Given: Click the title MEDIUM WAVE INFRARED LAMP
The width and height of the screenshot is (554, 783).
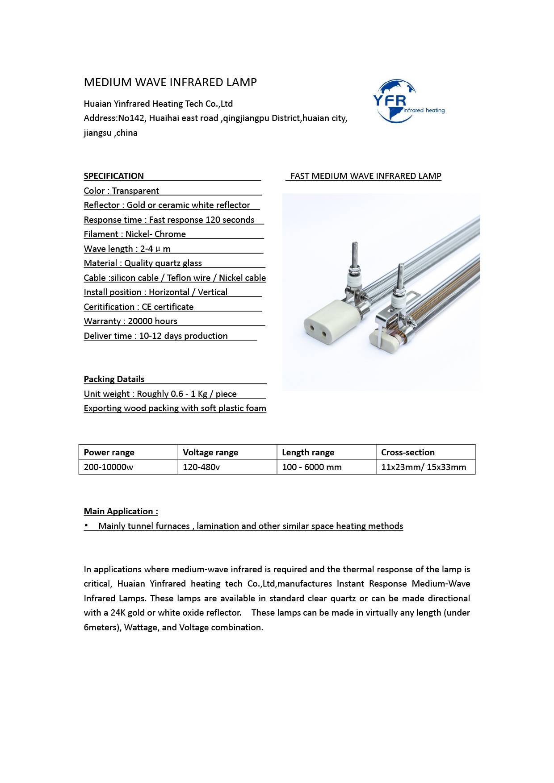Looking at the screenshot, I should [170, 82].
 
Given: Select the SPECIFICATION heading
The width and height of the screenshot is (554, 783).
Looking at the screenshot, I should [114, 176].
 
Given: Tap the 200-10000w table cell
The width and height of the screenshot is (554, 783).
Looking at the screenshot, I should [109, 467].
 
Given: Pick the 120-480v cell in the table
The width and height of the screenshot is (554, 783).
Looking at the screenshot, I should [201, 467].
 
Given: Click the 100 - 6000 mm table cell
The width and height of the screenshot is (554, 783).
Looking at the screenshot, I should [312, 467].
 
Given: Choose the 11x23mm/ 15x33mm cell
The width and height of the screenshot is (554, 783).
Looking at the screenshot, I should [424, 467].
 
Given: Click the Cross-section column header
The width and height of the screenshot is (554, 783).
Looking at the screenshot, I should [408, 452].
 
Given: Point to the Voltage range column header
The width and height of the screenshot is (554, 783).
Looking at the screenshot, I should [210, 452].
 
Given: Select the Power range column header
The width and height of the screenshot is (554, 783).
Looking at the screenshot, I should [109, 452].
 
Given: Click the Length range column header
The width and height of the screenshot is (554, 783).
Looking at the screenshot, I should [308, 452].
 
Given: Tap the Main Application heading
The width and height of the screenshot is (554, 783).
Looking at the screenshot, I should [121, 511].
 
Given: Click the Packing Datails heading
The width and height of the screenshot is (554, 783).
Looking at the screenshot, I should [114, 379].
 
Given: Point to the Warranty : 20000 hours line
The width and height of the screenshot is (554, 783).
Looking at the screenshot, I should [130, 321].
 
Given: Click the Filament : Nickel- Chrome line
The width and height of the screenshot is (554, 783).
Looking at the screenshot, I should [135, 234].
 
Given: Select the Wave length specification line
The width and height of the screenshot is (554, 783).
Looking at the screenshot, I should [127, 249].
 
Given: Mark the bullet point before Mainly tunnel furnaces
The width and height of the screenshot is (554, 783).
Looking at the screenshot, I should [86, 526].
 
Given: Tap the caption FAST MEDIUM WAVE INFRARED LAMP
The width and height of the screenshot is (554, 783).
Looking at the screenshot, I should [365, 176].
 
